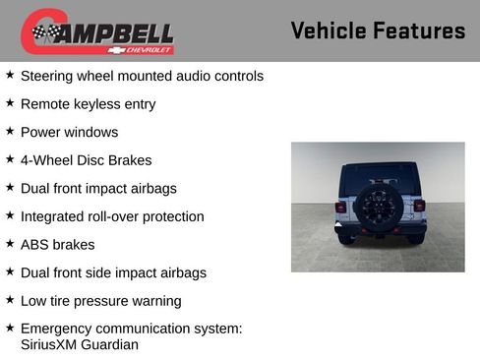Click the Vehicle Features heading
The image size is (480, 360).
[378, 31]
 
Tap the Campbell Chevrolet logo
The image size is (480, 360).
[97, 32]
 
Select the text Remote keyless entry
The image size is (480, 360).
[88, 104]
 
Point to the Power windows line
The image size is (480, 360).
[69, 132]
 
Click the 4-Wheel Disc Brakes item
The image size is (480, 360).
[86, 160]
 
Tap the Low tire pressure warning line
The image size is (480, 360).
[100, 301]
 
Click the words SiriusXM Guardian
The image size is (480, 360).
[79, 344]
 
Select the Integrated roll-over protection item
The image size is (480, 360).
[112, 216]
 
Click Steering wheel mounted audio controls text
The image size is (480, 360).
[142, 76]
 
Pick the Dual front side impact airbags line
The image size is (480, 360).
[113, 272]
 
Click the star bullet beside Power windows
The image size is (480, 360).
[10, 131]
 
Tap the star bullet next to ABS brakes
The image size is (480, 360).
[10, 244]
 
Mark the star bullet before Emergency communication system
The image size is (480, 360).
[10, 328]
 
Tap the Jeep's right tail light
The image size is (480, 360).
[418, 207]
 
